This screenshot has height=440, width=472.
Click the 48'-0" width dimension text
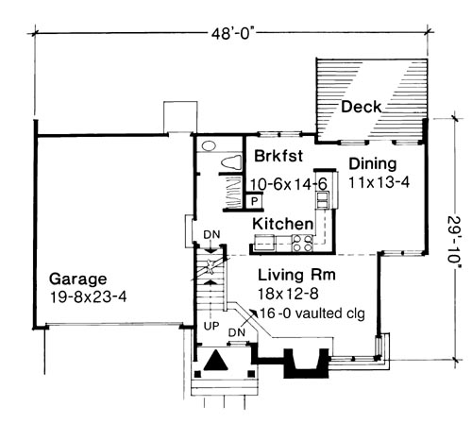[232, 34]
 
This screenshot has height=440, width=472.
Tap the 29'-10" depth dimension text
[455, 243]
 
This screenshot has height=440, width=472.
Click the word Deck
[362, 107]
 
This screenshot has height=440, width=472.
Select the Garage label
[78, 279]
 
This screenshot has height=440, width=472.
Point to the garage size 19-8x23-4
[88, 296]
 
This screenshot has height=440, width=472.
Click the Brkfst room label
[278, 156]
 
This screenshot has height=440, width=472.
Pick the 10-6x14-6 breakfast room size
[289, 184]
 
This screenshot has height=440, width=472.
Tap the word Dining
[373, 164]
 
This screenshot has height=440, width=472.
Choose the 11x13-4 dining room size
[379, 182]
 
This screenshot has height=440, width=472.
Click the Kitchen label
[283, 224]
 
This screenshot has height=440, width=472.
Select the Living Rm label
[296, 275]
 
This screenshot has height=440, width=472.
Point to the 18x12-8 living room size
[288, 294]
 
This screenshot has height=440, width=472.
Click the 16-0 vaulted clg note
[312, 313]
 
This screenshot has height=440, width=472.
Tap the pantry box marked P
[255, 201]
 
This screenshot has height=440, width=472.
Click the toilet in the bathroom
[231, 162]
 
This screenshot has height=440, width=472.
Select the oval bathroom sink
[209, 146]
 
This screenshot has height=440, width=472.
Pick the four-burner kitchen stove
[302, 244]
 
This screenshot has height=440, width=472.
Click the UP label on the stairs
[211, 327]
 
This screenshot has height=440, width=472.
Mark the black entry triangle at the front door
[216, 361]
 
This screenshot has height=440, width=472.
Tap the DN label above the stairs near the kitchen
[211, 235]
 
